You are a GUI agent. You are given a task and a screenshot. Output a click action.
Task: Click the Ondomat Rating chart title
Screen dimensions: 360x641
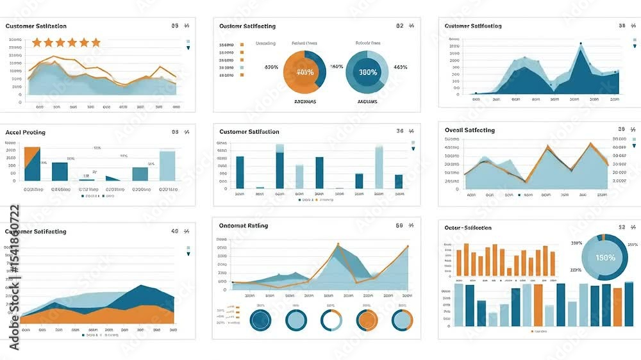pyautogui.click(x=244, y=225)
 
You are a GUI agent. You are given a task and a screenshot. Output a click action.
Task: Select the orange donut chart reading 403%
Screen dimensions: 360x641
pyautogui.click(x=304, y=72)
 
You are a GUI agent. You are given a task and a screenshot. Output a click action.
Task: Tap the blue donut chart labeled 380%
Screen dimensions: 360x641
pyautogui.click(x=367, y=72)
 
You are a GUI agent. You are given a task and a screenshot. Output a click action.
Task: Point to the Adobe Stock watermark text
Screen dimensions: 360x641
pyautogui.click(x=13, y=277)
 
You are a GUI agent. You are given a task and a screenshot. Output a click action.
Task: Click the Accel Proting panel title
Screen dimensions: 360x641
pyautogui.click(x=26, y=132)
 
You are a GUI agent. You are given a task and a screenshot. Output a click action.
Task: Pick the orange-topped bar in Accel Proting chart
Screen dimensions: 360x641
pyautogui.click(x=32, y=164)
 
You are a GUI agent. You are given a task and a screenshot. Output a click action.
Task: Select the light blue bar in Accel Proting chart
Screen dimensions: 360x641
pyautogui.click(x=167, y=166)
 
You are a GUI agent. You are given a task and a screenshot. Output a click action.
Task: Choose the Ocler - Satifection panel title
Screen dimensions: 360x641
pyautogui.click(x=468, y=227)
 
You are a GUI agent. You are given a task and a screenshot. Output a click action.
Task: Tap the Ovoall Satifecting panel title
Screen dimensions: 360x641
pyautogui.click(x=470, y=130)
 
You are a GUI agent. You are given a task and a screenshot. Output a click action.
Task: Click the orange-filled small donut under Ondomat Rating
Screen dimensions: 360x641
pyautogui.click(x=367, y=320)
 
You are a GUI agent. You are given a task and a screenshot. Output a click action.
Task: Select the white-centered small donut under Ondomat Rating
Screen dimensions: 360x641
pyautogui.click(x=331, y=320)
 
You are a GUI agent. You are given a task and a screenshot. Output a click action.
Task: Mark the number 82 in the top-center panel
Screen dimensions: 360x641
pyautogui.click(x=400, y=26)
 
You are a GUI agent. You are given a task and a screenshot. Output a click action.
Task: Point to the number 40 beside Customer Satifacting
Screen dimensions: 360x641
pyautogui.click(x=175, y=231)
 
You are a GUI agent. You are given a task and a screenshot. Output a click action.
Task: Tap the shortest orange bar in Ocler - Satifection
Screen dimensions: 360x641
pyautogui.click(x=509, y=272)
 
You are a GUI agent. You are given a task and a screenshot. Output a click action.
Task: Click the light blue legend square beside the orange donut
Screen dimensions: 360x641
pyautogui.click(x=242, y=67)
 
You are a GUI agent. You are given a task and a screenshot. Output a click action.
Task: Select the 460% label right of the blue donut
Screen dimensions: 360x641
pyautogui.click(x=401, y=67)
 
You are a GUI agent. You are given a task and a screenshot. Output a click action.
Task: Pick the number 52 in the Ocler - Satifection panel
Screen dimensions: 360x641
pyautogui.click(x=622, y=227)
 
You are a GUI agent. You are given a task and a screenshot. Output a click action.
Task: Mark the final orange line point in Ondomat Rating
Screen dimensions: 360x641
pyautogui.click(x=407, y=246)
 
